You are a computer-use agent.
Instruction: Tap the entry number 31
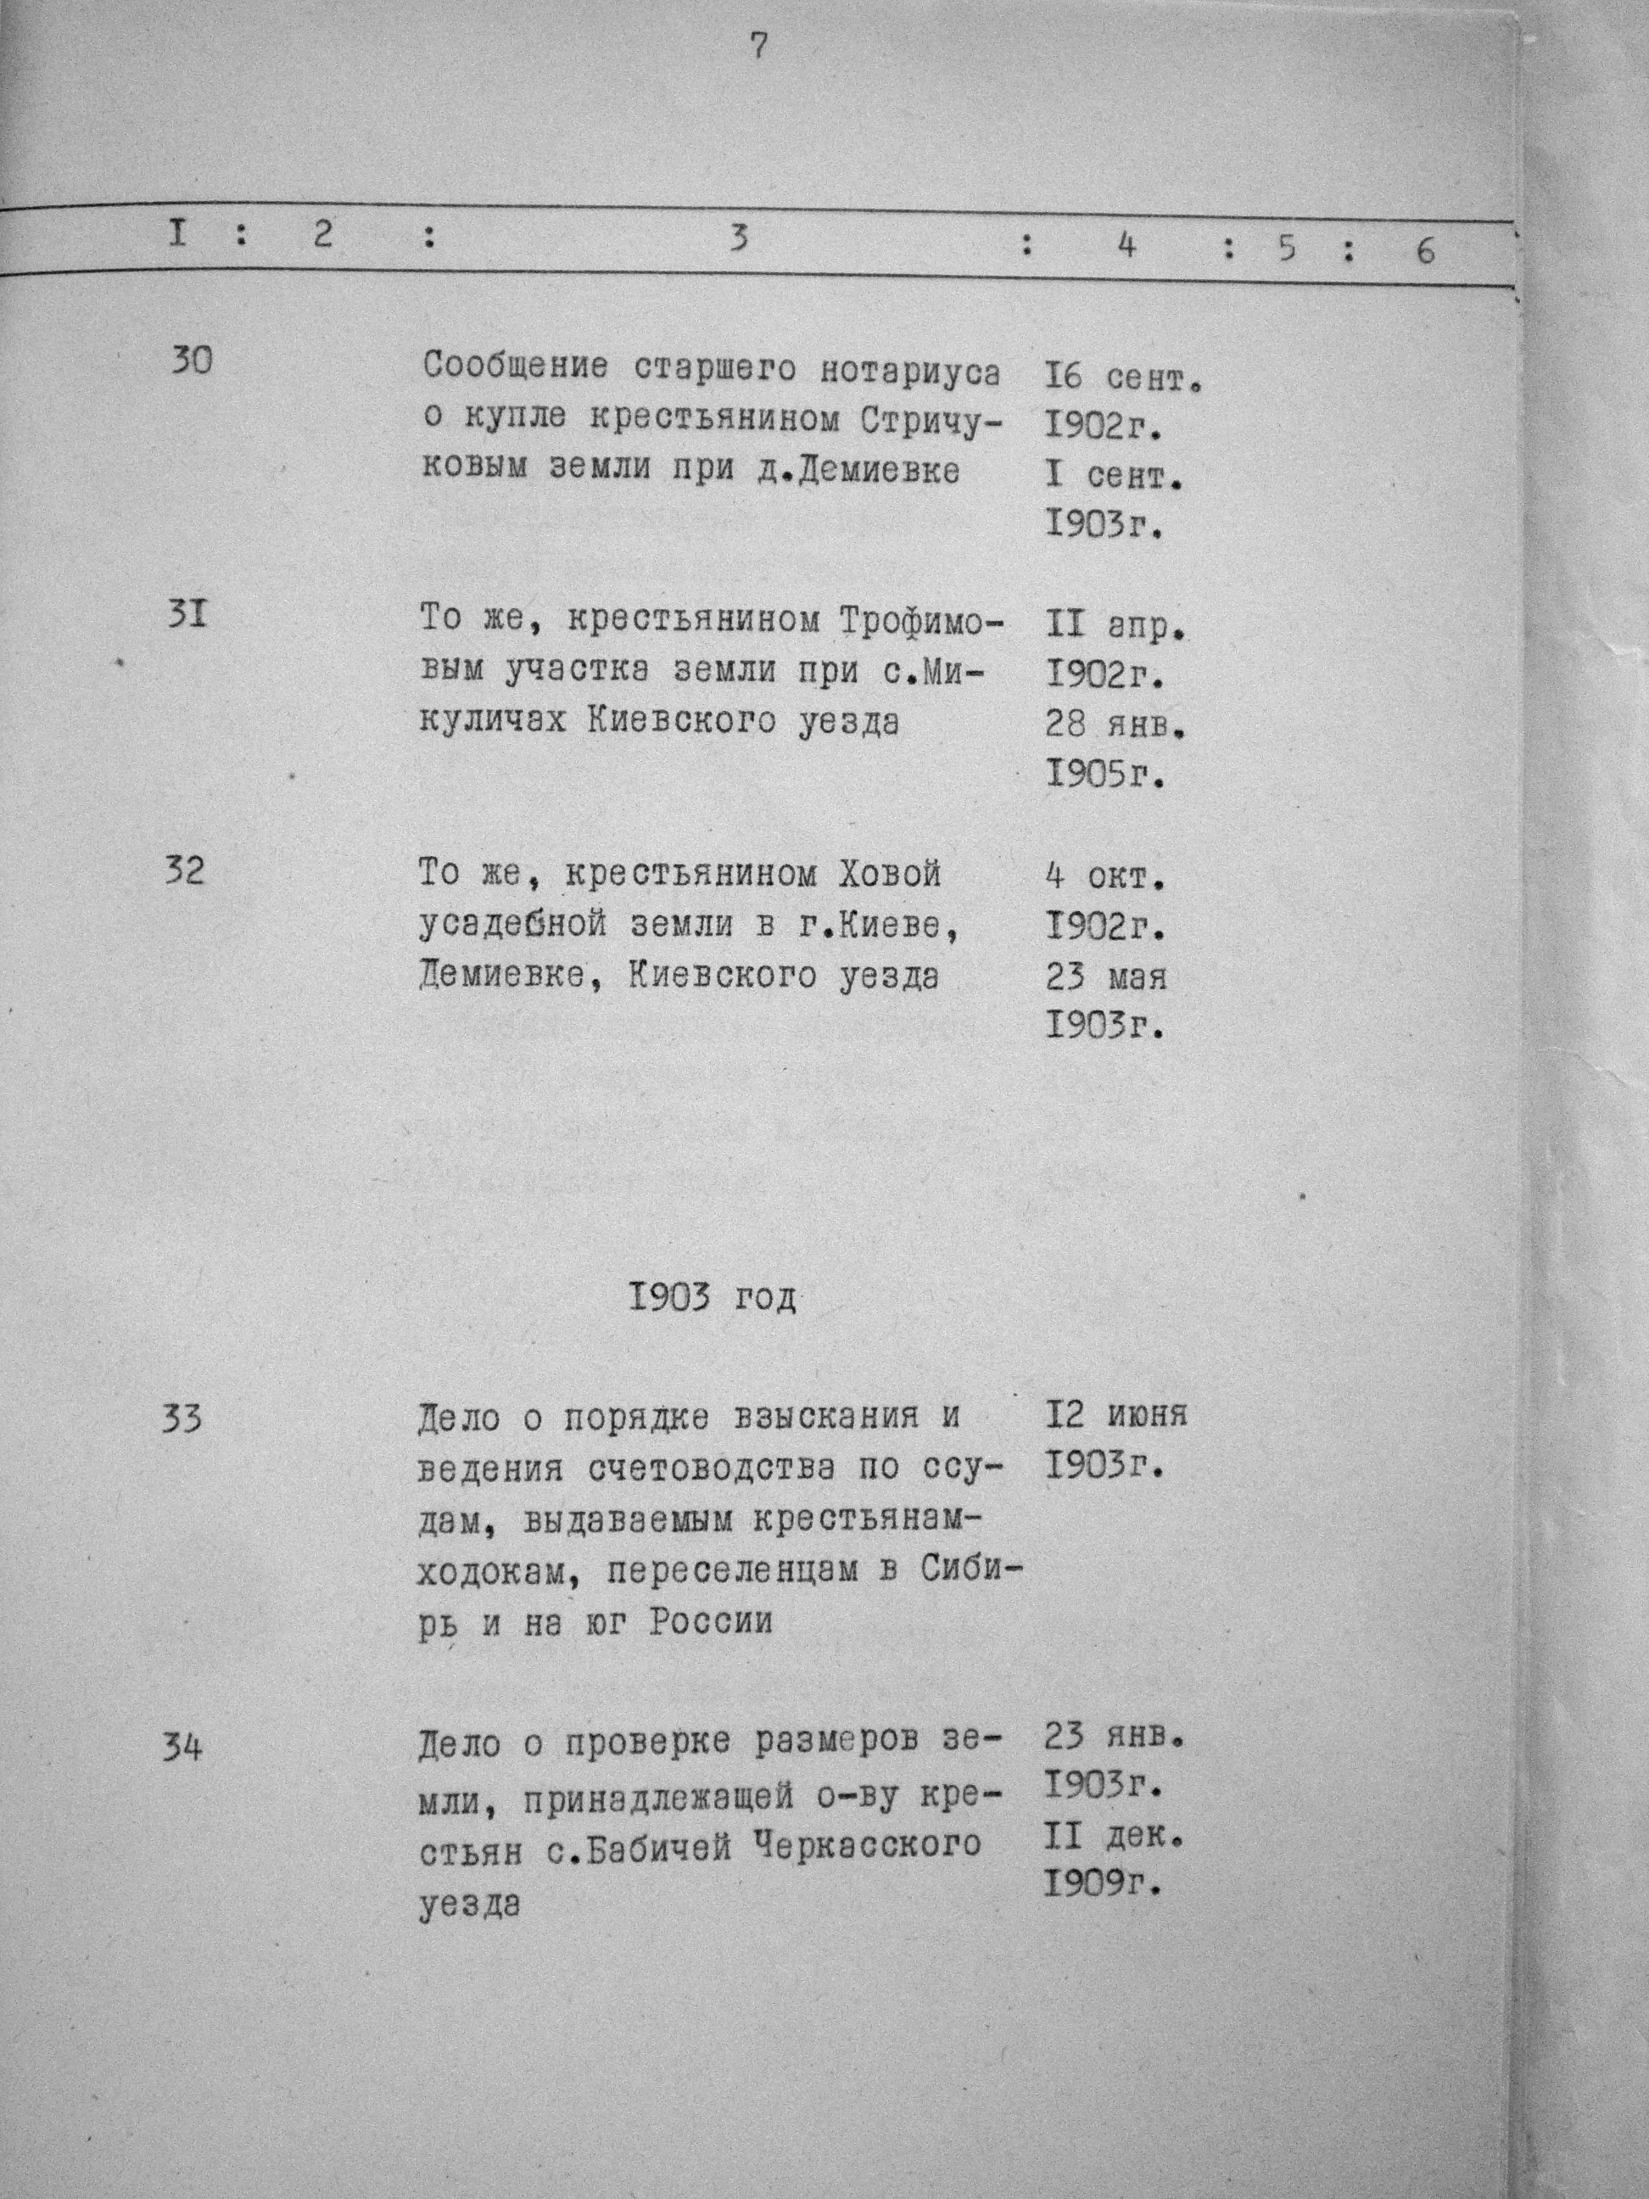click(x=187, y=617)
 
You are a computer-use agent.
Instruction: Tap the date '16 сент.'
click(x=1123, y=378)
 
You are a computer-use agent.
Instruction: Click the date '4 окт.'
click(x=1104, y=878)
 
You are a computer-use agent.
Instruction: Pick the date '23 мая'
click(x=1105, y=978)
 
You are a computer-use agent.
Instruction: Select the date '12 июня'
click(x=1116, y=1416)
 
